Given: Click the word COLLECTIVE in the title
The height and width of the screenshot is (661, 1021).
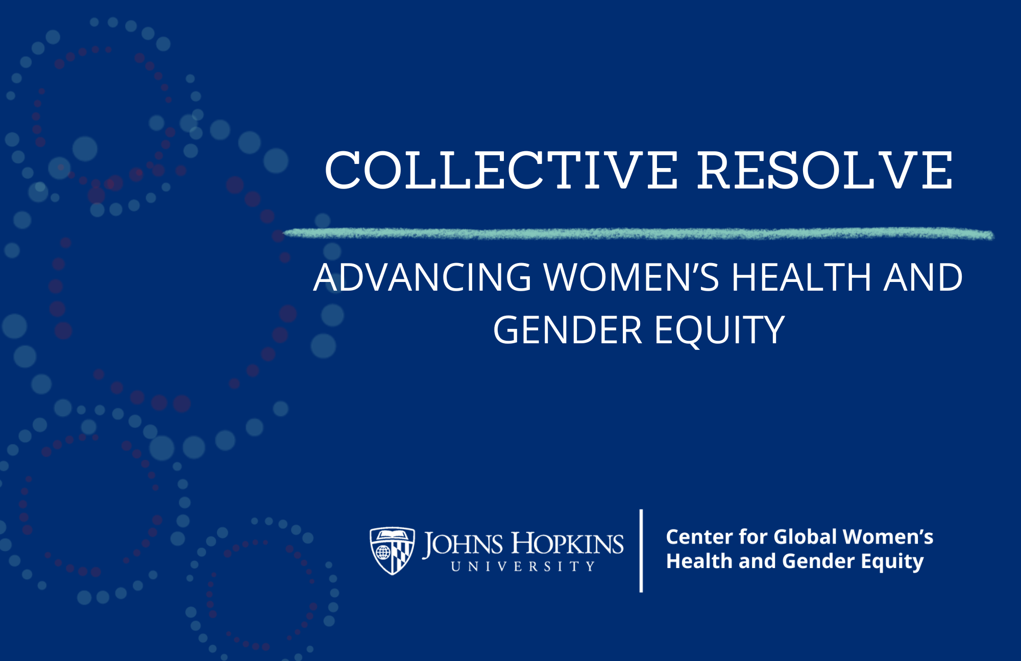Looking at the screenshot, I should coord(501,171).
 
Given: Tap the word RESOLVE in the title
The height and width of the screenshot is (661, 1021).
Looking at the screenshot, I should coord(825,171).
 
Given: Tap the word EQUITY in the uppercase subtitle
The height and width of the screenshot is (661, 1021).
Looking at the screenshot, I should coord(720,331).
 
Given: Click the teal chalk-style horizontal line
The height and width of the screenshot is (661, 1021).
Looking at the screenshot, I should coord(638,234).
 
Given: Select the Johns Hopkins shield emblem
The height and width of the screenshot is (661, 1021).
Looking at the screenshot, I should coord(392,551).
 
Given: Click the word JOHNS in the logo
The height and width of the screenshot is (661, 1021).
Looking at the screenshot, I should coord(463,544).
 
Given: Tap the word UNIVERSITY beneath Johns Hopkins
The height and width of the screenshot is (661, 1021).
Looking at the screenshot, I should coord(523,566).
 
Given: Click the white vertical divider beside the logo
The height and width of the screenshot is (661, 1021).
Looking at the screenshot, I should coord(641,551).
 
